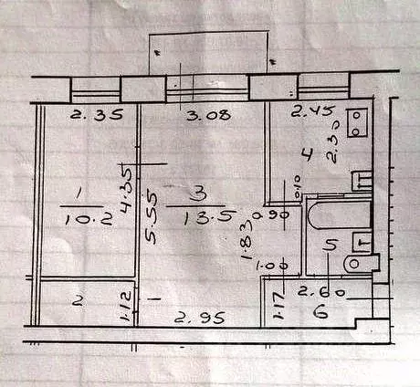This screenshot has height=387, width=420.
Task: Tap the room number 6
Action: click(x=319, y=311)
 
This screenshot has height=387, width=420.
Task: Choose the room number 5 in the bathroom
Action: click(x=332, y=244)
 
